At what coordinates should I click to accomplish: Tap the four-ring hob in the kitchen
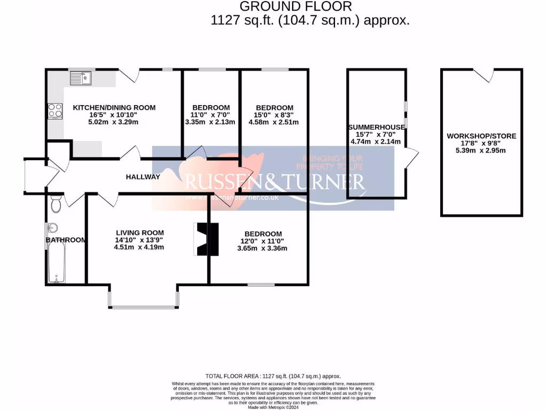[54, 111]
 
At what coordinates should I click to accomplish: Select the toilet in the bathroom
[56, 204]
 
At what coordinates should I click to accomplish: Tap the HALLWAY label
[143, 177]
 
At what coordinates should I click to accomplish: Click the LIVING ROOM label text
[139, 233]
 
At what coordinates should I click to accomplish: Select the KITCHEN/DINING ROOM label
[114, 107]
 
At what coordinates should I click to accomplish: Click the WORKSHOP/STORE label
[481, 136]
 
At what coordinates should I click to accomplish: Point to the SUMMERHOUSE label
[376, 127]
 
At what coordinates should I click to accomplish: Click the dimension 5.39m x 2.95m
[481, 151]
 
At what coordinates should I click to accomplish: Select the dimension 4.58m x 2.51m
[274, 122]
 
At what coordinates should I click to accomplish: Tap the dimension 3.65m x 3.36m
[263, 248]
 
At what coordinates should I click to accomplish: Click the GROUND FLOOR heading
[295, 6]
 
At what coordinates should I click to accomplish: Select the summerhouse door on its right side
[411, 159]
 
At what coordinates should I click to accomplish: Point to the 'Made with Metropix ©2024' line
[273, 407]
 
